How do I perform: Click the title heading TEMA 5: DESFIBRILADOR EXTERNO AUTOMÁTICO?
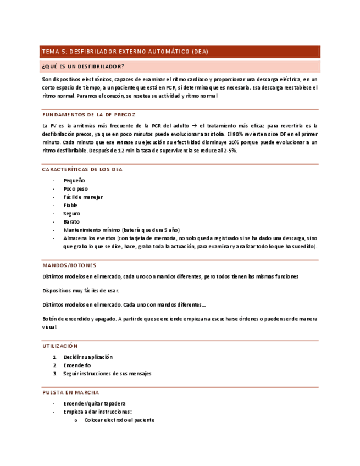(x=125, y=52)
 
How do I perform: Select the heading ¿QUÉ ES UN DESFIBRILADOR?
(x=83, y=67)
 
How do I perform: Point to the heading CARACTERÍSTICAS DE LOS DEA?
(x=82, y=169)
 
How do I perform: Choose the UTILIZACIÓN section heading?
(x=60, y=346)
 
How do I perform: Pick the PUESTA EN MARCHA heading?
(x=70, y=393)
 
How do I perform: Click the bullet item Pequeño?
(x=74, y=181)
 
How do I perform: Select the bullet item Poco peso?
(x=76, y=189)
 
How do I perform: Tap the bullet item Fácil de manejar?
(x=83, y=197)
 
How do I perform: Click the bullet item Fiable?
(x=70, y=206)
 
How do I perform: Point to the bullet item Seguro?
(x=72, y=214)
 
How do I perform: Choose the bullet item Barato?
(x=71, y=222)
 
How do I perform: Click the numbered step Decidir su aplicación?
(x=88, y=357)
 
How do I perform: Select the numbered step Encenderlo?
(x=77, y=365)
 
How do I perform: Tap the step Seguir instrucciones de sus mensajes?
(x=107, y=374)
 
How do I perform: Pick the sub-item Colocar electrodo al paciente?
(x=119, y=420)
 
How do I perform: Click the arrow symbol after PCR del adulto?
(x=194, y=126)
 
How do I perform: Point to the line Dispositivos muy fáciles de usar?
(x=80, y=290)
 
